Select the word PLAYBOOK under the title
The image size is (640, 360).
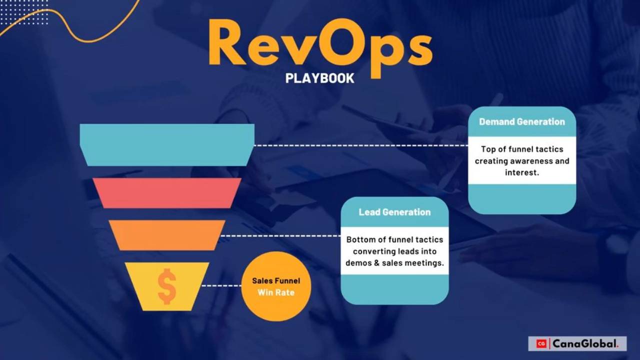[x=320, y=78]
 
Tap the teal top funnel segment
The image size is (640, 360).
[x=167, y=144]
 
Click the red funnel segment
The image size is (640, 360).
[x=167, y=193]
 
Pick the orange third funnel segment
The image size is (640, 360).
[x=167, y=235]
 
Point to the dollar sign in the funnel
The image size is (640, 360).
[x=166, y=286]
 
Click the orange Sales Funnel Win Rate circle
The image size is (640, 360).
[x=276, y=286]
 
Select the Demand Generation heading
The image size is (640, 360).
[x=522, y=121]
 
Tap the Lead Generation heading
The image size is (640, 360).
[x=394, y=212]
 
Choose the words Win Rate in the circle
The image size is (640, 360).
[x=276, y=292]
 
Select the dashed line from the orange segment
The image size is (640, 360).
[x=280, y=235]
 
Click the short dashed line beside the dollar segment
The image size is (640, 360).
[x=221, y=286]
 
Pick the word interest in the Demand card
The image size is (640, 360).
[x=522, y=173]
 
